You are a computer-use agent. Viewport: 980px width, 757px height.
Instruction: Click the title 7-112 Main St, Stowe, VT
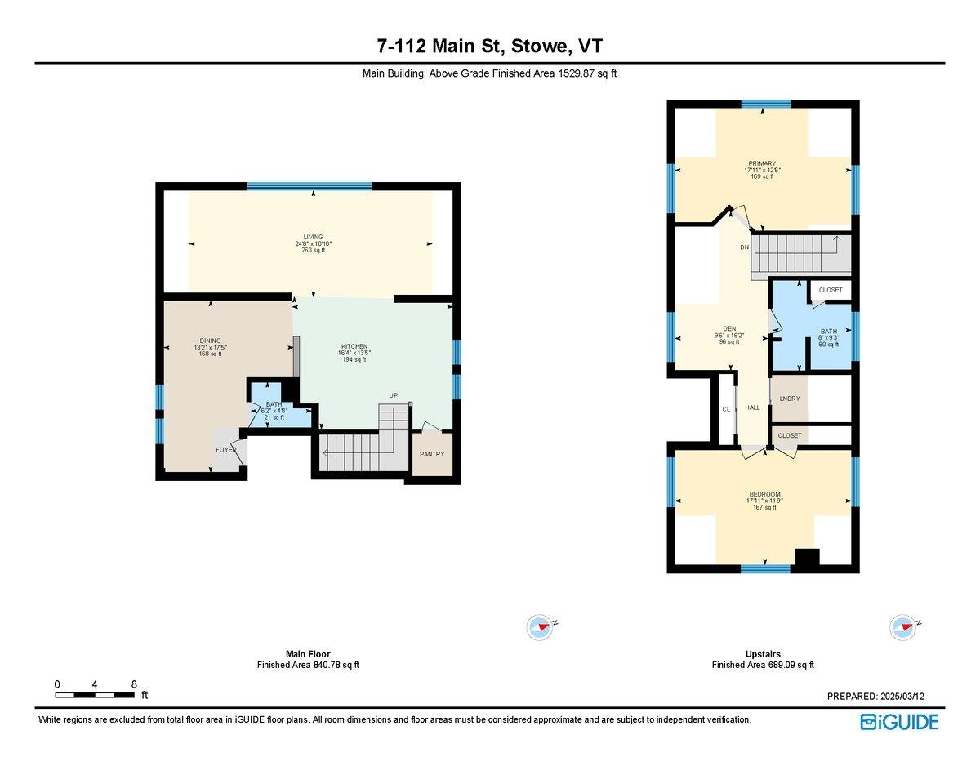(489, 45)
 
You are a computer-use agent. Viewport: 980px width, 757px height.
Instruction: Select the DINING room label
(211, 341)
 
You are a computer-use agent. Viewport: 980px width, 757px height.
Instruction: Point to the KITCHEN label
(354, 346)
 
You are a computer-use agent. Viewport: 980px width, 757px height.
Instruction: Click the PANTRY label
(432, 454)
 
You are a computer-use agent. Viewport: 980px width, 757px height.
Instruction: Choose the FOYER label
(225, 450)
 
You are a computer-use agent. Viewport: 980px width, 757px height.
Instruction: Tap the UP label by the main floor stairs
(393, 395)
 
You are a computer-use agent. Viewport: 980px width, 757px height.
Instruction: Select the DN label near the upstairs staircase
(744, 247)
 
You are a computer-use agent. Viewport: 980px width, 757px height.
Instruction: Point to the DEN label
(729, 328)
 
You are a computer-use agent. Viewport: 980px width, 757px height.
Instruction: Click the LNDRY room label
(790, 399)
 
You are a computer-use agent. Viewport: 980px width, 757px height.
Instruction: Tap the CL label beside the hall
(725, 409)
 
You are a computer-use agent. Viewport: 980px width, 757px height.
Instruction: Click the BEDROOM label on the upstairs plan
(765, 494)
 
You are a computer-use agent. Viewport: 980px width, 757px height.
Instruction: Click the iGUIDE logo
(899, 722)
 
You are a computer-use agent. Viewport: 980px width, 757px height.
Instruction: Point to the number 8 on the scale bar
(133, 684)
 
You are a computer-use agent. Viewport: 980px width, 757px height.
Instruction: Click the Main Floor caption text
(308, 654)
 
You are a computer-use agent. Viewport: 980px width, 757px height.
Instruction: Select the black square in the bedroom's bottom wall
(807, 559)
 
